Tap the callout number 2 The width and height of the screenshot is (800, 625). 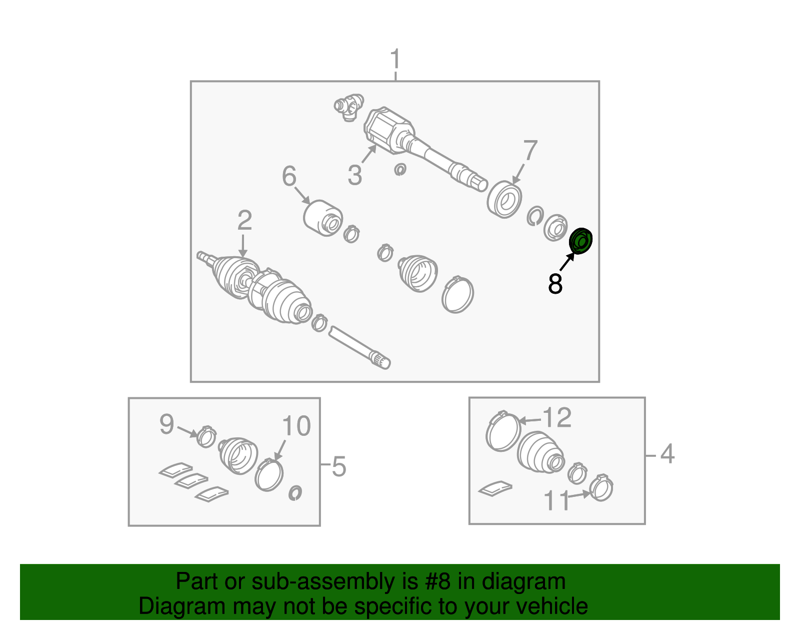pyautogui.click(x=244, y=220)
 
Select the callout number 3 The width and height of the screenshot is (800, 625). pyautogui.click(x=355, y=175)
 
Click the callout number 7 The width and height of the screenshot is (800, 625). pyautogui.click(x=530, y=150)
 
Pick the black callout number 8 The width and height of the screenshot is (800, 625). pyautogui.click(x=555, y=284)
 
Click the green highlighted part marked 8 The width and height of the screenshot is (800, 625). pyautogui.click(x=580, y=241)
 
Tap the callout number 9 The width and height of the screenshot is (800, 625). pyautogui.click(x=166, y=424)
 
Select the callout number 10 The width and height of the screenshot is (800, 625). pyautogui.click(x=296, y=426)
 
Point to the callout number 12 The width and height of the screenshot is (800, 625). pyautogui.click(x=557, y=417)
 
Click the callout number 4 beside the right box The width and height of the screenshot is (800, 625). pyautogui.click(x=667, y=454)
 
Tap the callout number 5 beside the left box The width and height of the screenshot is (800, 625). pyautogui.click(x=338, y=467)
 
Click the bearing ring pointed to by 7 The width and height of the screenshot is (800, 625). pyautogui.click(x=504, y=200)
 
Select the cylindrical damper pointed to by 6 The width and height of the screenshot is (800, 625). pyautogui.click(x=323, y=218)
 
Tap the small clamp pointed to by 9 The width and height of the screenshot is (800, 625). pyautogui.click(x=206, y=437)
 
